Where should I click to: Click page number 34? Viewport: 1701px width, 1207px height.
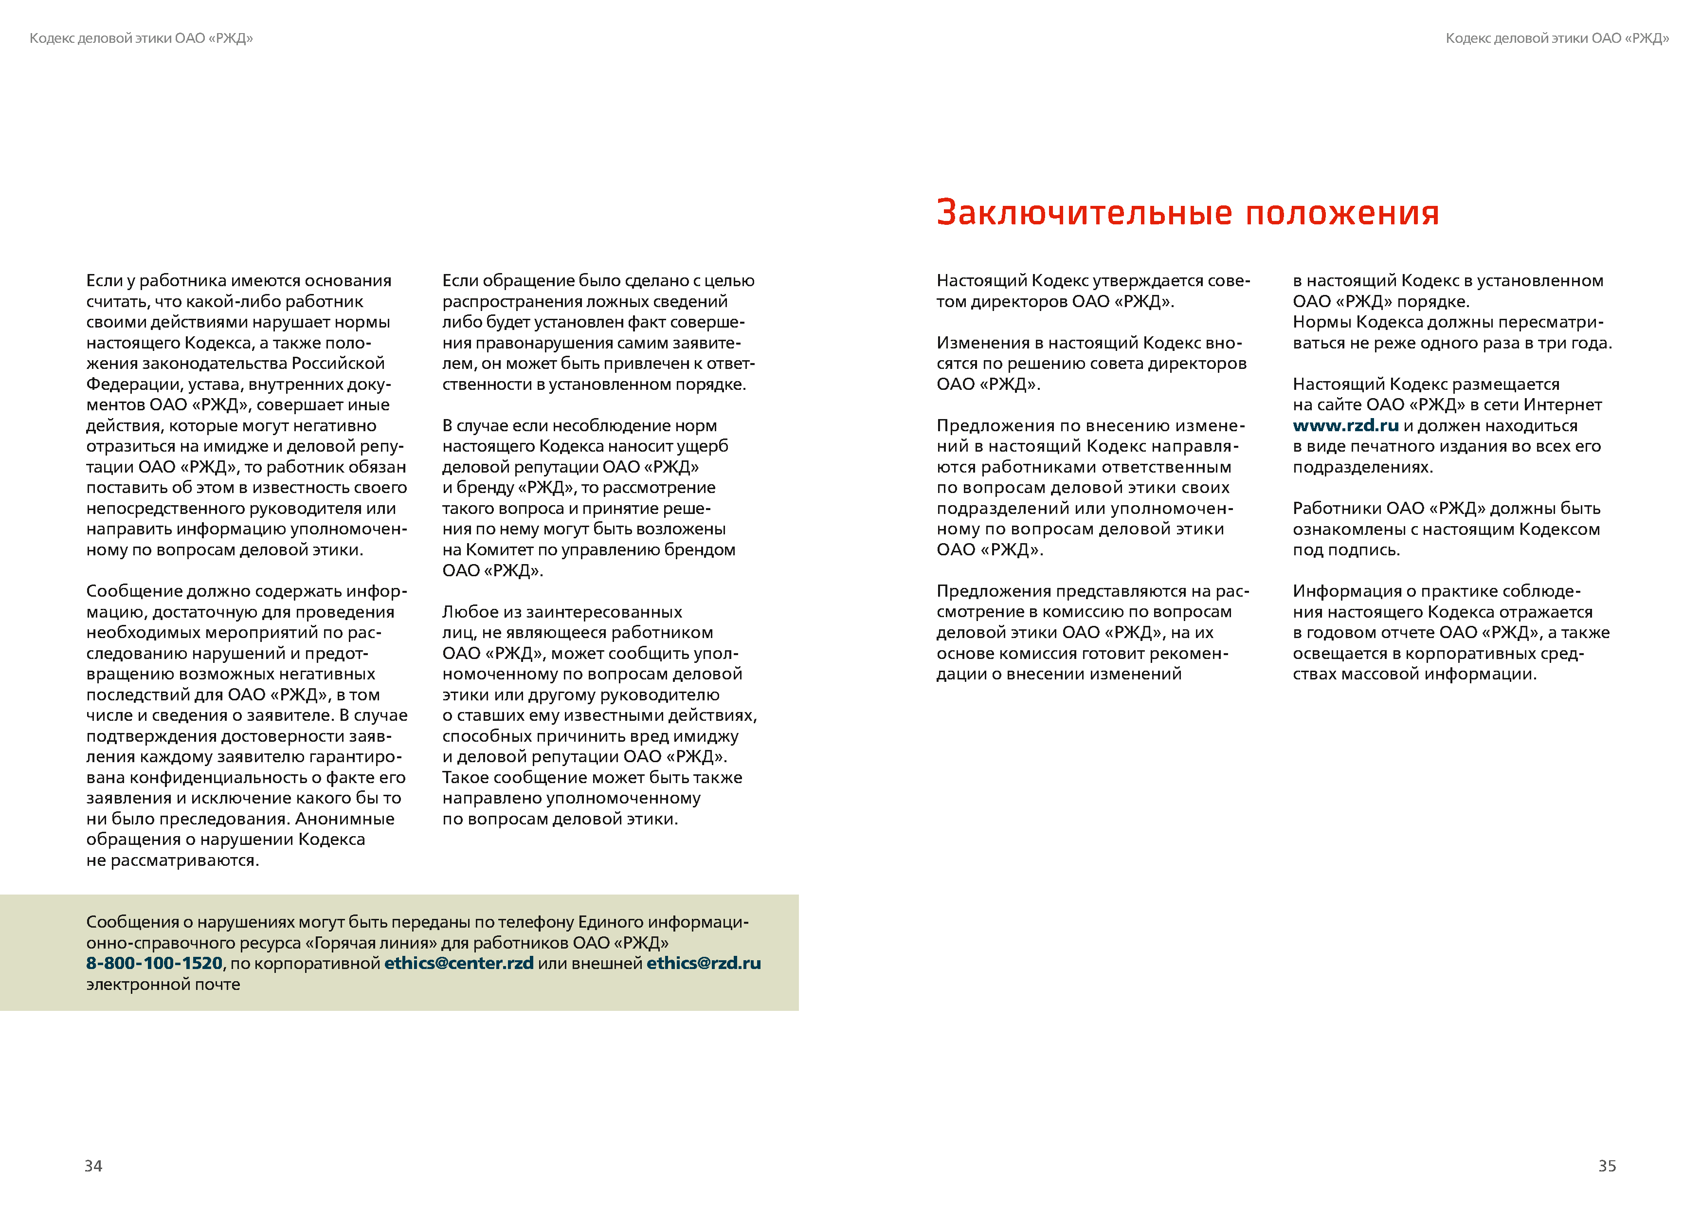pos(93,1165)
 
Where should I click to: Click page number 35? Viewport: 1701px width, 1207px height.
pos(1607,1165)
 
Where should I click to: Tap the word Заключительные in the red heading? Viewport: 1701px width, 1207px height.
pos(1085,213)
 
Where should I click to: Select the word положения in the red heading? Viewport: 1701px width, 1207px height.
pos(1342,213)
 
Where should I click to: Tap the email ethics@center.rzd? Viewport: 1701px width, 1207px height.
pos(458,963)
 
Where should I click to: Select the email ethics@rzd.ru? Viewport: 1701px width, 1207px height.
pos(704,963)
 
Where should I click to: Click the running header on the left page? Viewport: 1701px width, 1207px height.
pos(141,38)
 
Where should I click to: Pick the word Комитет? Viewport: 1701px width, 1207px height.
pos(498,550)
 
